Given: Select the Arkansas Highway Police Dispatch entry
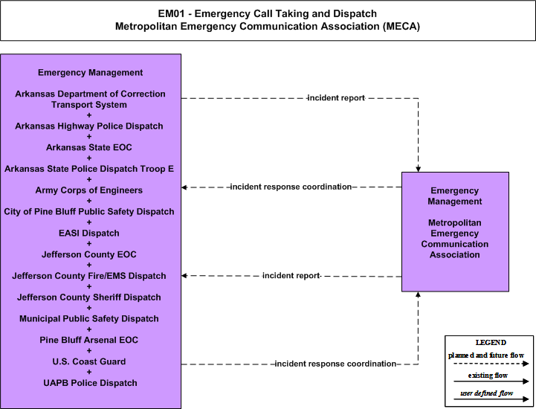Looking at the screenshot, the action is (x=89, y=126).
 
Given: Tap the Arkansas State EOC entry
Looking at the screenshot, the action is (x=89, y=147).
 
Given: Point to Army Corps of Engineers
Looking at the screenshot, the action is (x=89, y=190).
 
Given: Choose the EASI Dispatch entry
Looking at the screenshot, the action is (x=89, y=234).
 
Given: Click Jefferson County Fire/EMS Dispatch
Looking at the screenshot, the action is (x=89, y=276).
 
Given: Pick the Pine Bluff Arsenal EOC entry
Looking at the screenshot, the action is (x=89, y=340).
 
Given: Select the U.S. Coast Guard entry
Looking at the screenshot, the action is (x=89, y=361).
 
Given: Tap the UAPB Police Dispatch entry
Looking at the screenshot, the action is (x=90, y=383).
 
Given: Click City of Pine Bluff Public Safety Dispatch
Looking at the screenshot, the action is (x=89, y=212).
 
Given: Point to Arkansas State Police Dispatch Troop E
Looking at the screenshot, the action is (x=89, y=169).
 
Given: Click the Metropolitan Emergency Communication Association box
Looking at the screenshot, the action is (x=455, y=231).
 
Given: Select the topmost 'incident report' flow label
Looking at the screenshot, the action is (x=336, y=98).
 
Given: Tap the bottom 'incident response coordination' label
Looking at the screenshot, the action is (x=335, y=364).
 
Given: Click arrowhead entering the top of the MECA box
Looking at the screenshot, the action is (x=418, y=170).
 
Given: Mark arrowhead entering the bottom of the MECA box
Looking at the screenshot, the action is (x=418, y=294).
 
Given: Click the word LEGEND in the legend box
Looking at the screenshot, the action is (x=491, y=342).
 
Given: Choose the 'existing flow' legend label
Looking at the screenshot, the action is (x=488, y=376).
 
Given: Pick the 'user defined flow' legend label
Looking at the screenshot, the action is (x=486, y=393).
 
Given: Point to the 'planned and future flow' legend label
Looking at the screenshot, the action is (x=486, y=355).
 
